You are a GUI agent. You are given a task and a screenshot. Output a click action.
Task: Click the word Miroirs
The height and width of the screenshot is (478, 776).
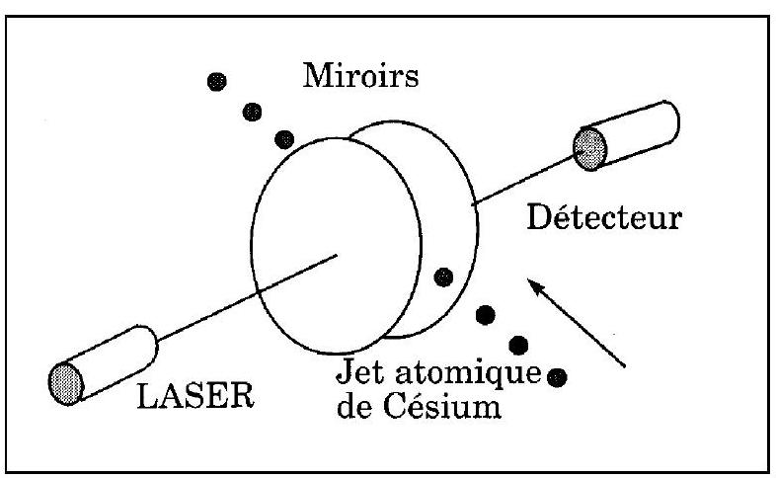coord(360,76)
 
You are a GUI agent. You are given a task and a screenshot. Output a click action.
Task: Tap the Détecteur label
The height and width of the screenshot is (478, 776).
coord(604,217)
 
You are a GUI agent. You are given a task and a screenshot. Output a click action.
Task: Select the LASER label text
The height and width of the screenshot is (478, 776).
coord(195,395)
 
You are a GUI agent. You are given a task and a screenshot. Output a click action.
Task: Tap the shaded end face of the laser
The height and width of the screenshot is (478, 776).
coord(66,383)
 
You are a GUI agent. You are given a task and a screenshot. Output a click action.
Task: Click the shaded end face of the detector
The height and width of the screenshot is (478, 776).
coord(590,148)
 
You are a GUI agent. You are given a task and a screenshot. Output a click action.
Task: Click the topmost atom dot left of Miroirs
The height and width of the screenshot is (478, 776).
coord(217,81)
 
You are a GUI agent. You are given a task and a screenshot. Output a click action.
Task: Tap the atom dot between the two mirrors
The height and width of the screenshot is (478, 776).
coord(443,278)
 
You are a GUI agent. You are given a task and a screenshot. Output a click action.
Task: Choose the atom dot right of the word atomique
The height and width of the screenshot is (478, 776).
coord(557,377)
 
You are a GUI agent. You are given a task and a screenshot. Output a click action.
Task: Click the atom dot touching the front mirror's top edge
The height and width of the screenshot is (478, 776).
coord(284,140)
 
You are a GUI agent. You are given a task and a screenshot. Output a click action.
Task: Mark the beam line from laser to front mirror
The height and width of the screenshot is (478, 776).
coord(247,298)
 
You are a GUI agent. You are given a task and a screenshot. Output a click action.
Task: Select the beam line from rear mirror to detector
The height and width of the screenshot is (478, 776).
coord(523,180)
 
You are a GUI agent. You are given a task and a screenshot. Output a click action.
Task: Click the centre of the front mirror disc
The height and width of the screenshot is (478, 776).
coord(337,246)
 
